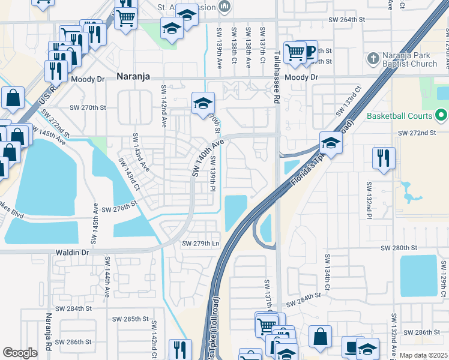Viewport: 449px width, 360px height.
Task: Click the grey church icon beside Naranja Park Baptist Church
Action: coord(373,59)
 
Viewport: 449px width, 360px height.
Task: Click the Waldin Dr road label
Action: coord(72,253)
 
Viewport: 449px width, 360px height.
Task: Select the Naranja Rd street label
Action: coord(49,329)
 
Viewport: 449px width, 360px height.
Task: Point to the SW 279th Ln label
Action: coord(200,243)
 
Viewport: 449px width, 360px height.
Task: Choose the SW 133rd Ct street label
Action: coord(349,100)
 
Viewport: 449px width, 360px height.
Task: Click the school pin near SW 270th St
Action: coord(203,103)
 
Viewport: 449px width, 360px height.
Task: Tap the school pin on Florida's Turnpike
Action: coord(331,143)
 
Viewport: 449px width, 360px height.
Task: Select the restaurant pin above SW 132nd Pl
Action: coord(383,158)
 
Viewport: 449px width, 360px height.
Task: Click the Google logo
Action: coord(20,353)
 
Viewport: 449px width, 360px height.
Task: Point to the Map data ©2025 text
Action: coord(423,355)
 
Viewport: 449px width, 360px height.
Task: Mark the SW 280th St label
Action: coord(399,247)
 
